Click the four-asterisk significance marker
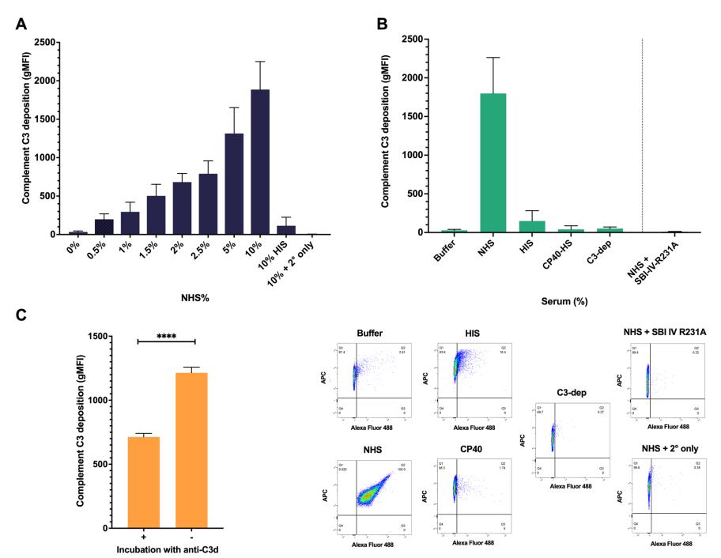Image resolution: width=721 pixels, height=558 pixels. coord(167,337)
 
